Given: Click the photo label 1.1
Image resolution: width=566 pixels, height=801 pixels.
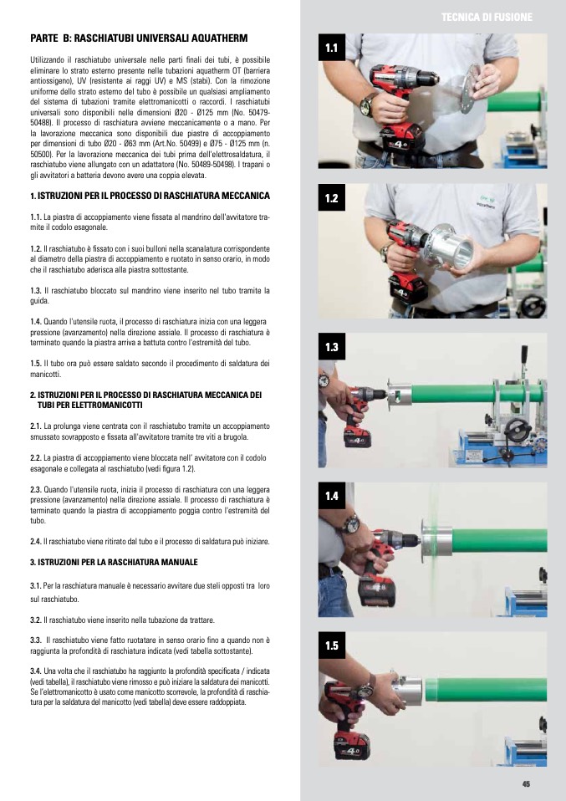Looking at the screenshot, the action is [332, 48].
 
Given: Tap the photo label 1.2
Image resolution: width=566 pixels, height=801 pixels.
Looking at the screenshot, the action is [332, 197].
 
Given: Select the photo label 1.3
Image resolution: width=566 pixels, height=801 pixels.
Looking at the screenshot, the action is [332, 347].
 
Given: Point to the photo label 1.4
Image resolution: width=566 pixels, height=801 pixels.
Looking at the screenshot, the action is [332, 496].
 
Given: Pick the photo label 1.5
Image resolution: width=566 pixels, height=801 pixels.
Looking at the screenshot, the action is [332, 645].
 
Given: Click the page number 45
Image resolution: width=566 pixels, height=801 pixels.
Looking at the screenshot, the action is [526, 784].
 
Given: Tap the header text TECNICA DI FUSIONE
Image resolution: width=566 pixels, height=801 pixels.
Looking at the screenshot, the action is [487, 18].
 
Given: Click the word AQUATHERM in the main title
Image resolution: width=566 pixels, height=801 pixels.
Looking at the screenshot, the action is [222, 38].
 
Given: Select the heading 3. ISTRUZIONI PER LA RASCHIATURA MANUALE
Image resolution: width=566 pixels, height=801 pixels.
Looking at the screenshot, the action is [114, 562].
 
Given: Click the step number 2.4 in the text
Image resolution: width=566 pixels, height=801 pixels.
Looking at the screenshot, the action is [35, 542].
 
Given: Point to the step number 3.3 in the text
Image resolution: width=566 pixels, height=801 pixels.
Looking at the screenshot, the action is [35, 640].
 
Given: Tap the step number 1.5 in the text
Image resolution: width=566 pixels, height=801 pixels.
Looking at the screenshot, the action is [35, 364].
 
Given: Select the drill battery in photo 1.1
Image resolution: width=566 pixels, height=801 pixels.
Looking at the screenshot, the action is [402, 140].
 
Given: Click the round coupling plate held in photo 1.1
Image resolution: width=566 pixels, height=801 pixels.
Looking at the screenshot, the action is [469, 89].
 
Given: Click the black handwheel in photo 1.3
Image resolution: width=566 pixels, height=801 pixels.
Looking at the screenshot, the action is [517, 428].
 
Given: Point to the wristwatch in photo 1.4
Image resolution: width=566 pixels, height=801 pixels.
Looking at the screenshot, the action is [351, 523].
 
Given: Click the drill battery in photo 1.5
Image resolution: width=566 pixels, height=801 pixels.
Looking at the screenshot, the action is [352, 745].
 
